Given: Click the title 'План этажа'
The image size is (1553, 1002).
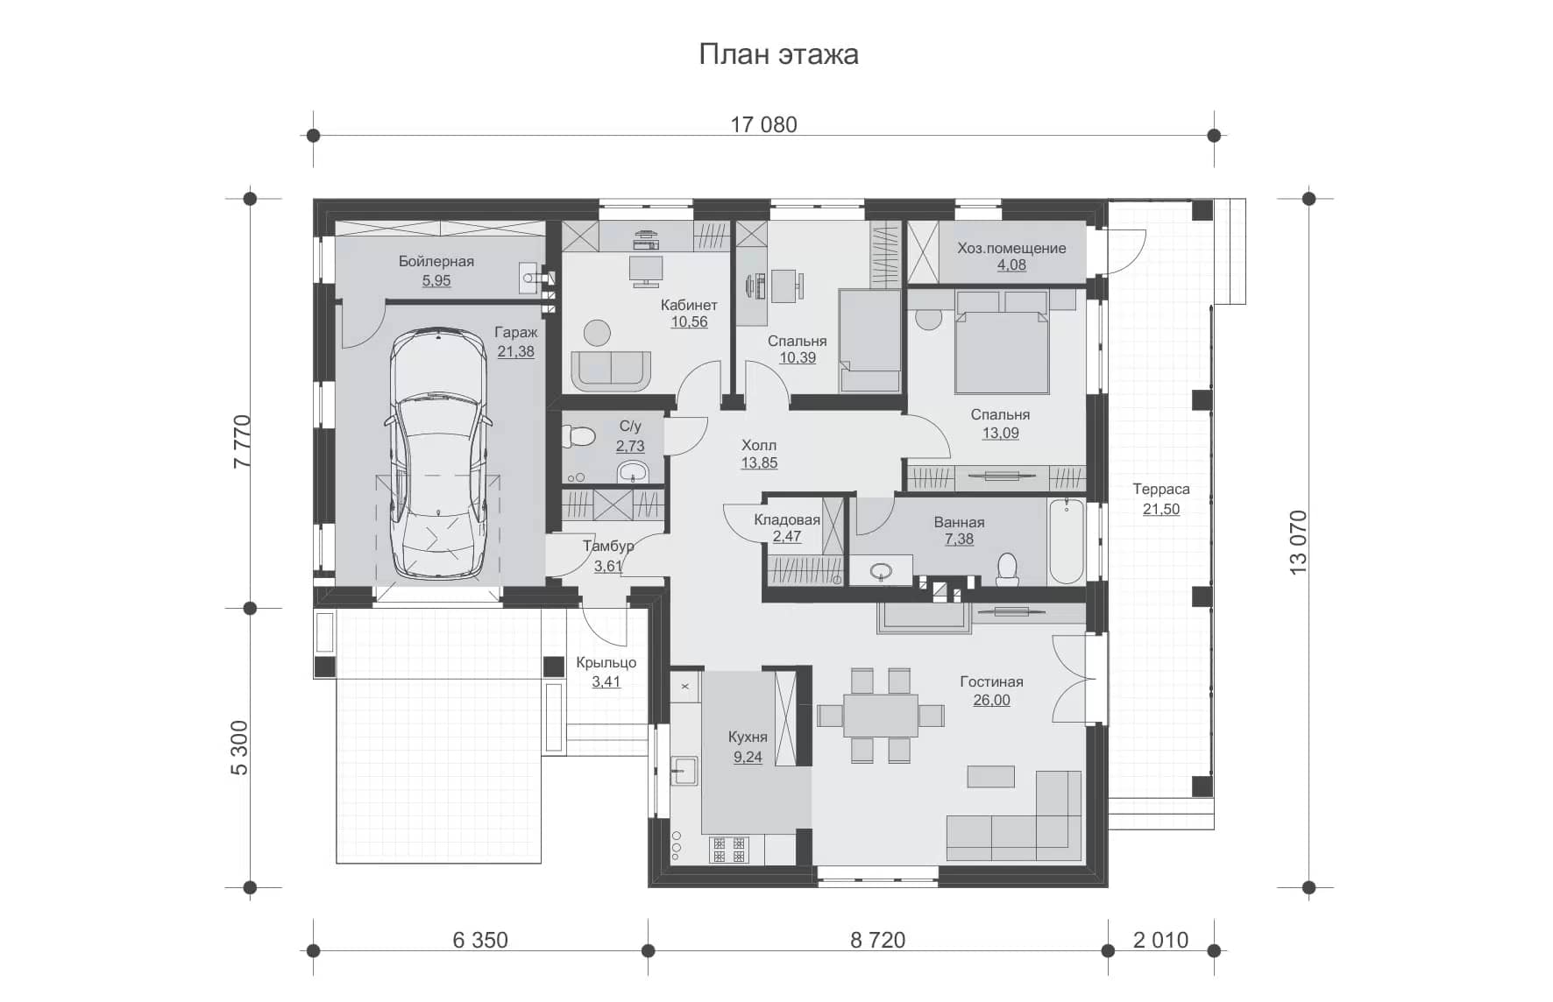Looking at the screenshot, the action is (778, 54).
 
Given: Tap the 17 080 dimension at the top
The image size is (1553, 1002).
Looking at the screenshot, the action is (763, 124).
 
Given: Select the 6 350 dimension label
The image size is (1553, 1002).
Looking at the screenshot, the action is (480, 940).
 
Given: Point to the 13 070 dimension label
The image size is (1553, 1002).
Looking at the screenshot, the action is (1298, 542).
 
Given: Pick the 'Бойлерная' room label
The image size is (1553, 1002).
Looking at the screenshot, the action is (436, 261).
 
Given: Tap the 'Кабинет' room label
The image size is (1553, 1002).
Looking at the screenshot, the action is (689, 305).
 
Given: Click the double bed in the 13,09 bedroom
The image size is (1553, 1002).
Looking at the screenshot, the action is (1002, 342).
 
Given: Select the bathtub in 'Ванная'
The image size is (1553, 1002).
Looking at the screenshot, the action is (1067, 541).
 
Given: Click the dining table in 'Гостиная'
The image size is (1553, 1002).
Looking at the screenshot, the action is (881, 715).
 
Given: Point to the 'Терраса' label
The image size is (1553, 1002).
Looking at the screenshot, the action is (1160, 490).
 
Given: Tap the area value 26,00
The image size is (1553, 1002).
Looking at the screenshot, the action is (991, 701).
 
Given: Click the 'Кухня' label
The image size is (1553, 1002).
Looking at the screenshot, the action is (748, 737).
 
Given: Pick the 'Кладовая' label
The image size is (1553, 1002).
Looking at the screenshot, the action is (787, 519).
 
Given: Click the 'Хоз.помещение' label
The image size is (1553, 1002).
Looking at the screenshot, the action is (1011, 248).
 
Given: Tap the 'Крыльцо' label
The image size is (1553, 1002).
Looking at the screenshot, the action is (606, 663).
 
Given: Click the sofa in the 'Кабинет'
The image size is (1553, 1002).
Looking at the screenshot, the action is (611, 370).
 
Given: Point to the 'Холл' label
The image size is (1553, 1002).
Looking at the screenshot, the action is (759, 445).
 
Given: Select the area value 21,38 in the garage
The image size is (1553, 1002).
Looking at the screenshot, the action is (515, 352).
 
